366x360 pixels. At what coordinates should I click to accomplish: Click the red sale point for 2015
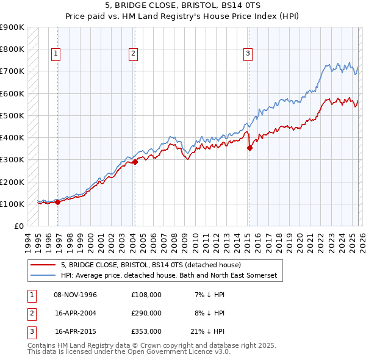pos(249,148)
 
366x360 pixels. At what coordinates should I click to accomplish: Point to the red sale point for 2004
pos(135,162)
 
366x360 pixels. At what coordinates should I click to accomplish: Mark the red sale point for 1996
pos(58,202)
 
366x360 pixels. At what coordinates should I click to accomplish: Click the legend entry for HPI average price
pos(169,276)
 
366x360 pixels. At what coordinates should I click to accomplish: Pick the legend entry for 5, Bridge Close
pos(151,265)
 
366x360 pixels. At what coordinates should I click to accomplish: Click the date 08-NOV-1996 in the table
pos(76,295)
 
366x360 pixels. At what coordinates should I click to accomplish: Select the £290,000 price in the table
pos(146,312)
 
